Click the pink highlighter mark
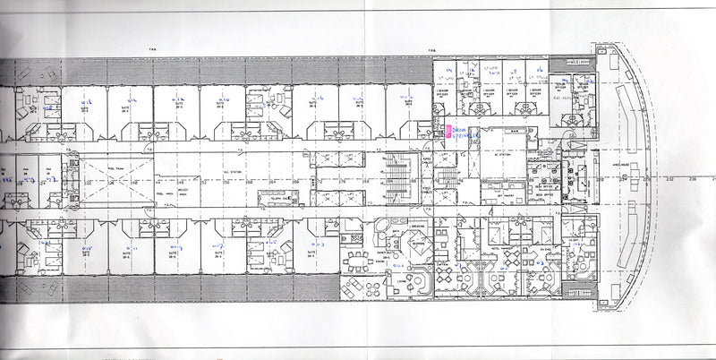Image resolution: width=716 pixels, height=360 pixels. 447,132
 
